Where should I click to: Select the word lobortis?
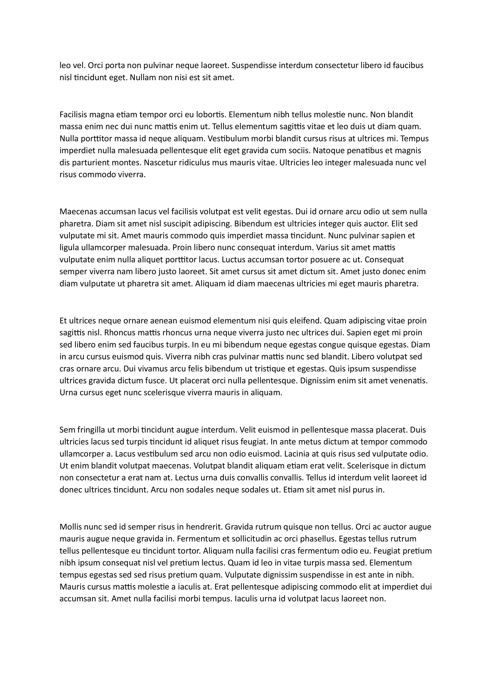211,115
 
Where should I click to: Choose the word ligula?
69,248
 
